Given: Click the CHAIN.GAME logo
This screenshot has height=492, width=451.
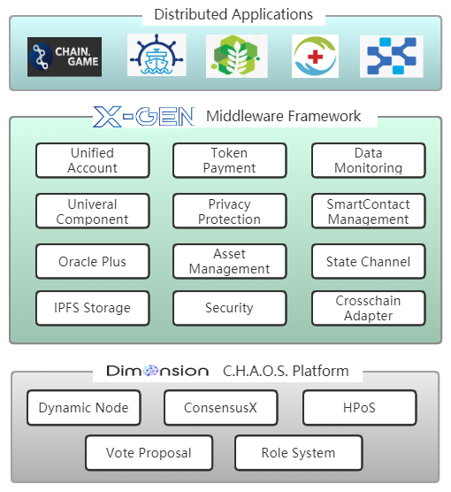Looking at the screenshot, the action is [x=65, y=57].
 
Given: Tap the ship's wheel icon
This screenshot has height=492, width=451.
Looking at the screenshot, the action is [x=157, y=55].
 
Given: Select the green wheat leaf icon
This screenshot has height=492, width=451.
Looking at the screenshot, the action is [x=237, y=56].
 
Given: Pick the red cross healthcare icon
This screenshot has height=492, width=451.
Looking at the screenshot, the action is [x=315, y=56].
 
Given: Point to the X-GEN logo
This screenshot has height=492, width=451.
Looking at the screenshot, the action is [x=144, y=117].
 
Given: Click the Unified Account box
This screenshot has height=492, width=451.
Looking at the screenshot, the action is [x=93, y=160].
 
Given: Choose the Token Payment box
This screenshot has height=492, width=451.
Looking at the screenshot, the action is [x=230, y=160].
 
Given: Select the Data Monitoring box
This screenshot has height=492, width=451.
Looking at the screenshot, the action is [x=369, y=160].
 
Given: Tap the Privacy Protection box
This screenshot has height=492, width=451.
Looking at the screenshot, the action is [x=230, y=211].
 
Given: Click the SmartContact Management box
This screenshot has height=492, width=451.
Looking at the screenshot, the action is [x=369, y=211].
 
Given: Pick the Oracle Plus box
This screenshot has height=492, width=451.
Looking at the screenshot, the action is [x=93, y=261].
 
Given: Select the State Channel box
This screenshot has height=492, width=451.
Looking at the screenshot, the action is [x=369, y=261].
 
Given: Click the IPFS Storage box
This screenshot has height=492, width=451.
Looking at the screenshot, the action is [x=93, y=308].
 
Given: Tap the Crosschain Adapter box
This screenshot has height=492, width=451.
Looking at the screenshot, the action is [x=369, y=308].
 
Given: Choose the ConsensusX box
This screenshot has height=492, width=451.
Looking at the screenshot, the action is [x=221, y=408].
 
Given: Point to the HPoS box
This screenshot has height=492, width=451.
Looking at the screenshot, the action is [x=360, y=408].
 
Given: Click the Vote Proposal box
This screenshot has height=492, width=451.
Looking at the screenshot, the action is [x=149, y=453].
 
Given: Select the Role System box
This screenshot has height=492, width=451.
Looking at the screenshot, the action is [x=299, y=453].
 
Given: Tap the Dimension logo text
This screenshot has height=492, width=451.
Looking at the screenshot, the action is [x=157, y=371].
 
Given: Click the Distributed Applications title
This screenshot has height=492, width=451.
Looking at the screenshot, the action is [x=233, y=14].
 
